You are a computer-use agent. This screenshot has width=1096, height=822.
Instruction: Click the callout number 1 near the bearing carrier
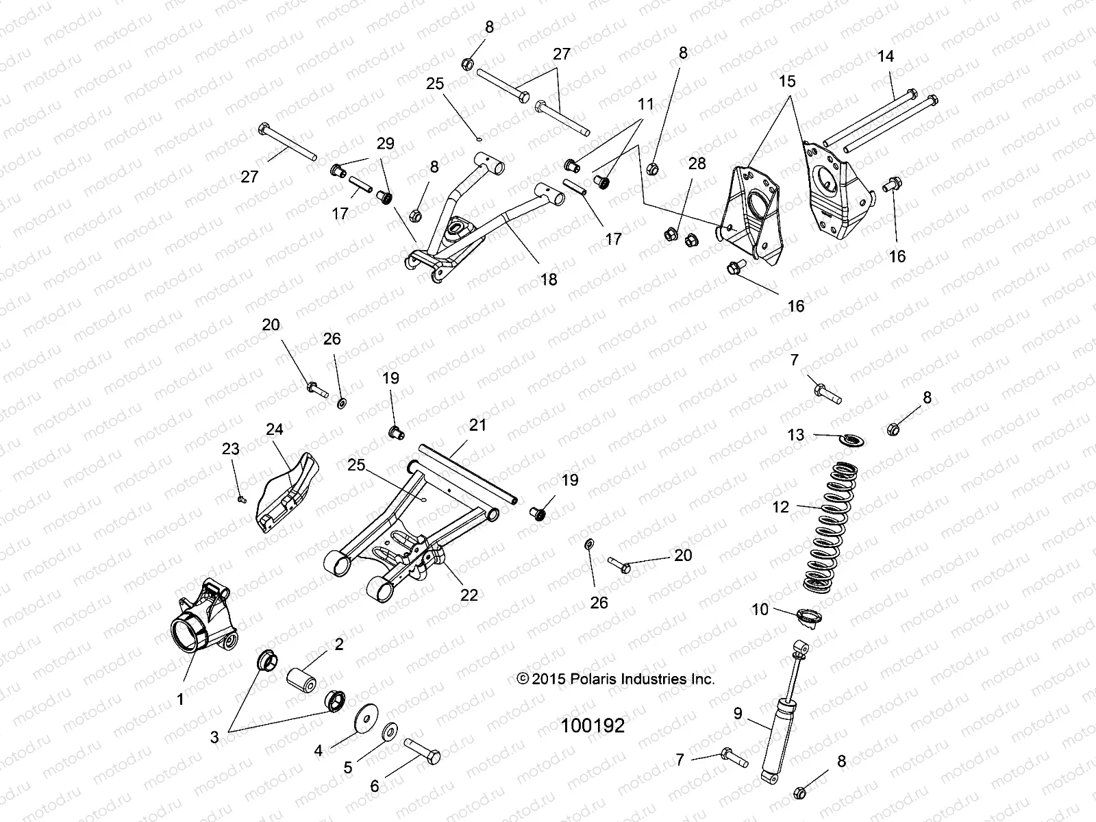181,699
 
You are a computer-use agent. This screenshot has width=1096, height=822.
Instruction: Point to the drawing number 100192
593,726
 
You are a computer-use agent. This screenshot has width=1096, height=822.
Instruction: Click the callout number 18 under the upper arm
549,279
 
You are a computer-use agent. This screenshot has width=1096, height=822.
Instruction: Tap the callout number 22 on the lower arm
469,595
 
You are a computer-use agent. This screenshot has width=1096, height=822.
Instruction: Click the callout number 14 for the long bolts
886,56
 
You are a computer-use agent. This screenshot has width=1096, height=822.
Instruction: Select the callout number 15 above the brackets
788,82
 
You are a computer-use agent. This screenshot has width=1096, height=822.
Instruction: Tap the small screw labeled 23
241,499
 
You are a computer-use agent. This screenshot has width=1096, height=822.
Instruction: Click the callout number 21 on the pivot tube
477,425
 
